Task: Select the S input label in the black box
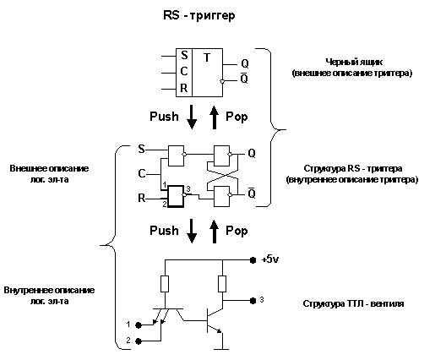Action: point(183,56)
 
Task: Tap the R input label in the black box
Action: point(183,87)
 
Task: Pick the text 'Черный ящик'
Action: point(351,63)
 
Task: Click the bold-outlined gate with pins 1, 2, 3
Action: point(176,197)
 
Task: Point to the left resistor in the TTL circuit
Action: point(166,284)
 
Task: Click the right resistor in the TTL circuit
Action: point(222,284)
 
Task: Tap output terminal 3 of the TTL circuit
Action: point(252,300)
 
